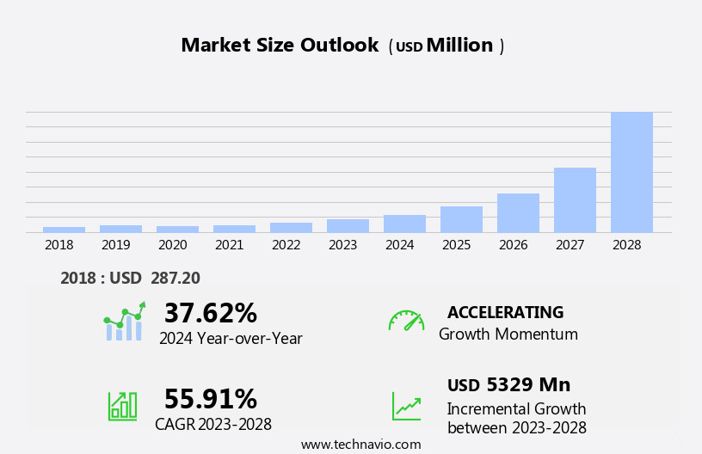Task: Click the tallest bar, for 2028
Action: pos(631,172)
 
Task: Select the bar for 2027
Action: pos(575,199)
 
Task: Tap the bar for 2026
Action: pos(518,212)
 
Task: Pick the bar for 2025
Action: pos(461,219)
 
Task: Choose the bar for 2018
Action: pos(64,230)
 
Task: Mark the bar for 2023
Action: pos(348,225)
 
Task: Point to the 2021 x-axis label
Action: pos(229,245)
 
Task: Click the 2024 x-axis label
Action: pos(399,245)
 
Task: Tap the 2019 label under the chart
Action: pos(115,245)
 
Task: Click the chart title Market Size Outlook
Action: pos(280,46)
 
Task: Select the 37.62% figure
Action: pos(210,313)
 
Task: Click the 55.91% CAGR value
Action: pos(210,399)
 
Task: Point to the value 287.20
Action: pos(175,278)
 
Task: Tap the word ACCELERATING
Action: pos(505,312)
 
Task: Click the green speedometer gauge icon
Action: pos(406,321)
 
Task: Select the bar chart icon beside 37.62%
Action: pos(124,322)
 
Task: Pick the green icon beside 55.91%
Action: pos(122,405)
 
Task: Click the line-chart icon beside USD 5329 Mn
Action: pos(406,406)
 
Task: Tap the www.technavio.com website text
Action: pos(360,445)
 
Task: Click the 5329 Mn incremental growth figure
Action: pos(527,385)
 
